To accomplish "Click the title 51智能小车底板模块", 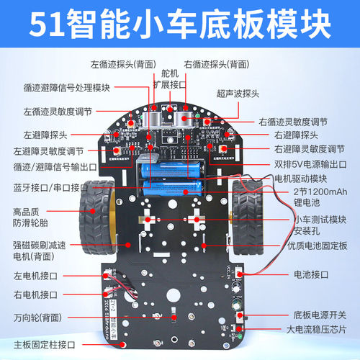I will coord(180,24).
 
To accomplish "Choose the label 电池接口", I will coord(310,274).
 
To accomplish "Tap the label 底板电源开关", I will coord(320,315).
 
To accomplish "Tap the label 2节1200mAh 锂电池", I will coord(320,196).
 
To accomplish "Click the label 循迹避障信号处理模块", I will coord(66,89).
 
